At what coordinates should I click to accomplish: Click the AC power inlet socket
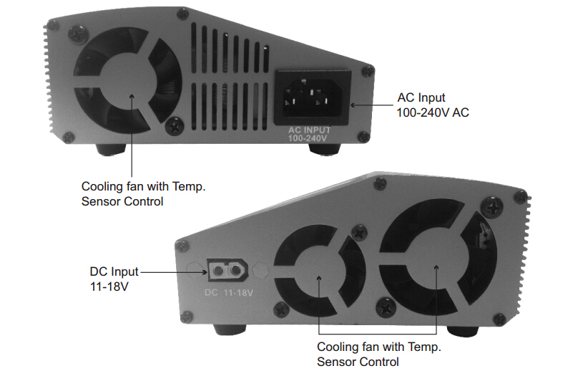313,97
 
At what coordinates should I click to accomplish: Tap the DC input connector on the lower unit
227,270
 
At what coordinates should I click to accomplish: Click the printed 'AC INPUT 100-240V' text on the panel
309,134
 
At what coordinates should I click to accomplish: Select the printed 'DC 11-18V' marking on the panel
229,293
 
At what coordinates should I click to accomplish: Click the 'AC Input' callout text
421,97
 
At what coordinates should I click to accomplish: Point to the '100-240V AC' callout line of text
433,112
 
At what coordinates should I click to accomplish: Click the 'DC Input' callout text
114,271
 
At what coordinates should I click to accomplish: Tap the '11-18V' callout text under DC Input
109,286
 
